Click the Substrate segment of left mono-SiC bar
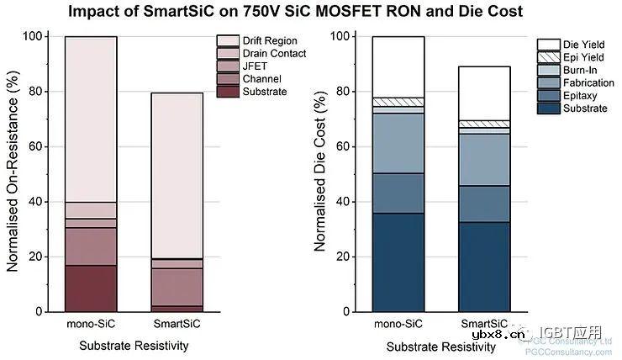[91, 289]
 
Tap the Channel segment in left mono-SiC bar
[91, 246]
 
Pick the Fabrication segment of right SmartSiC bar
[484, 160]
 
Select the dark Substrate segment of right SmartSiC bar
[484, 267]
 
